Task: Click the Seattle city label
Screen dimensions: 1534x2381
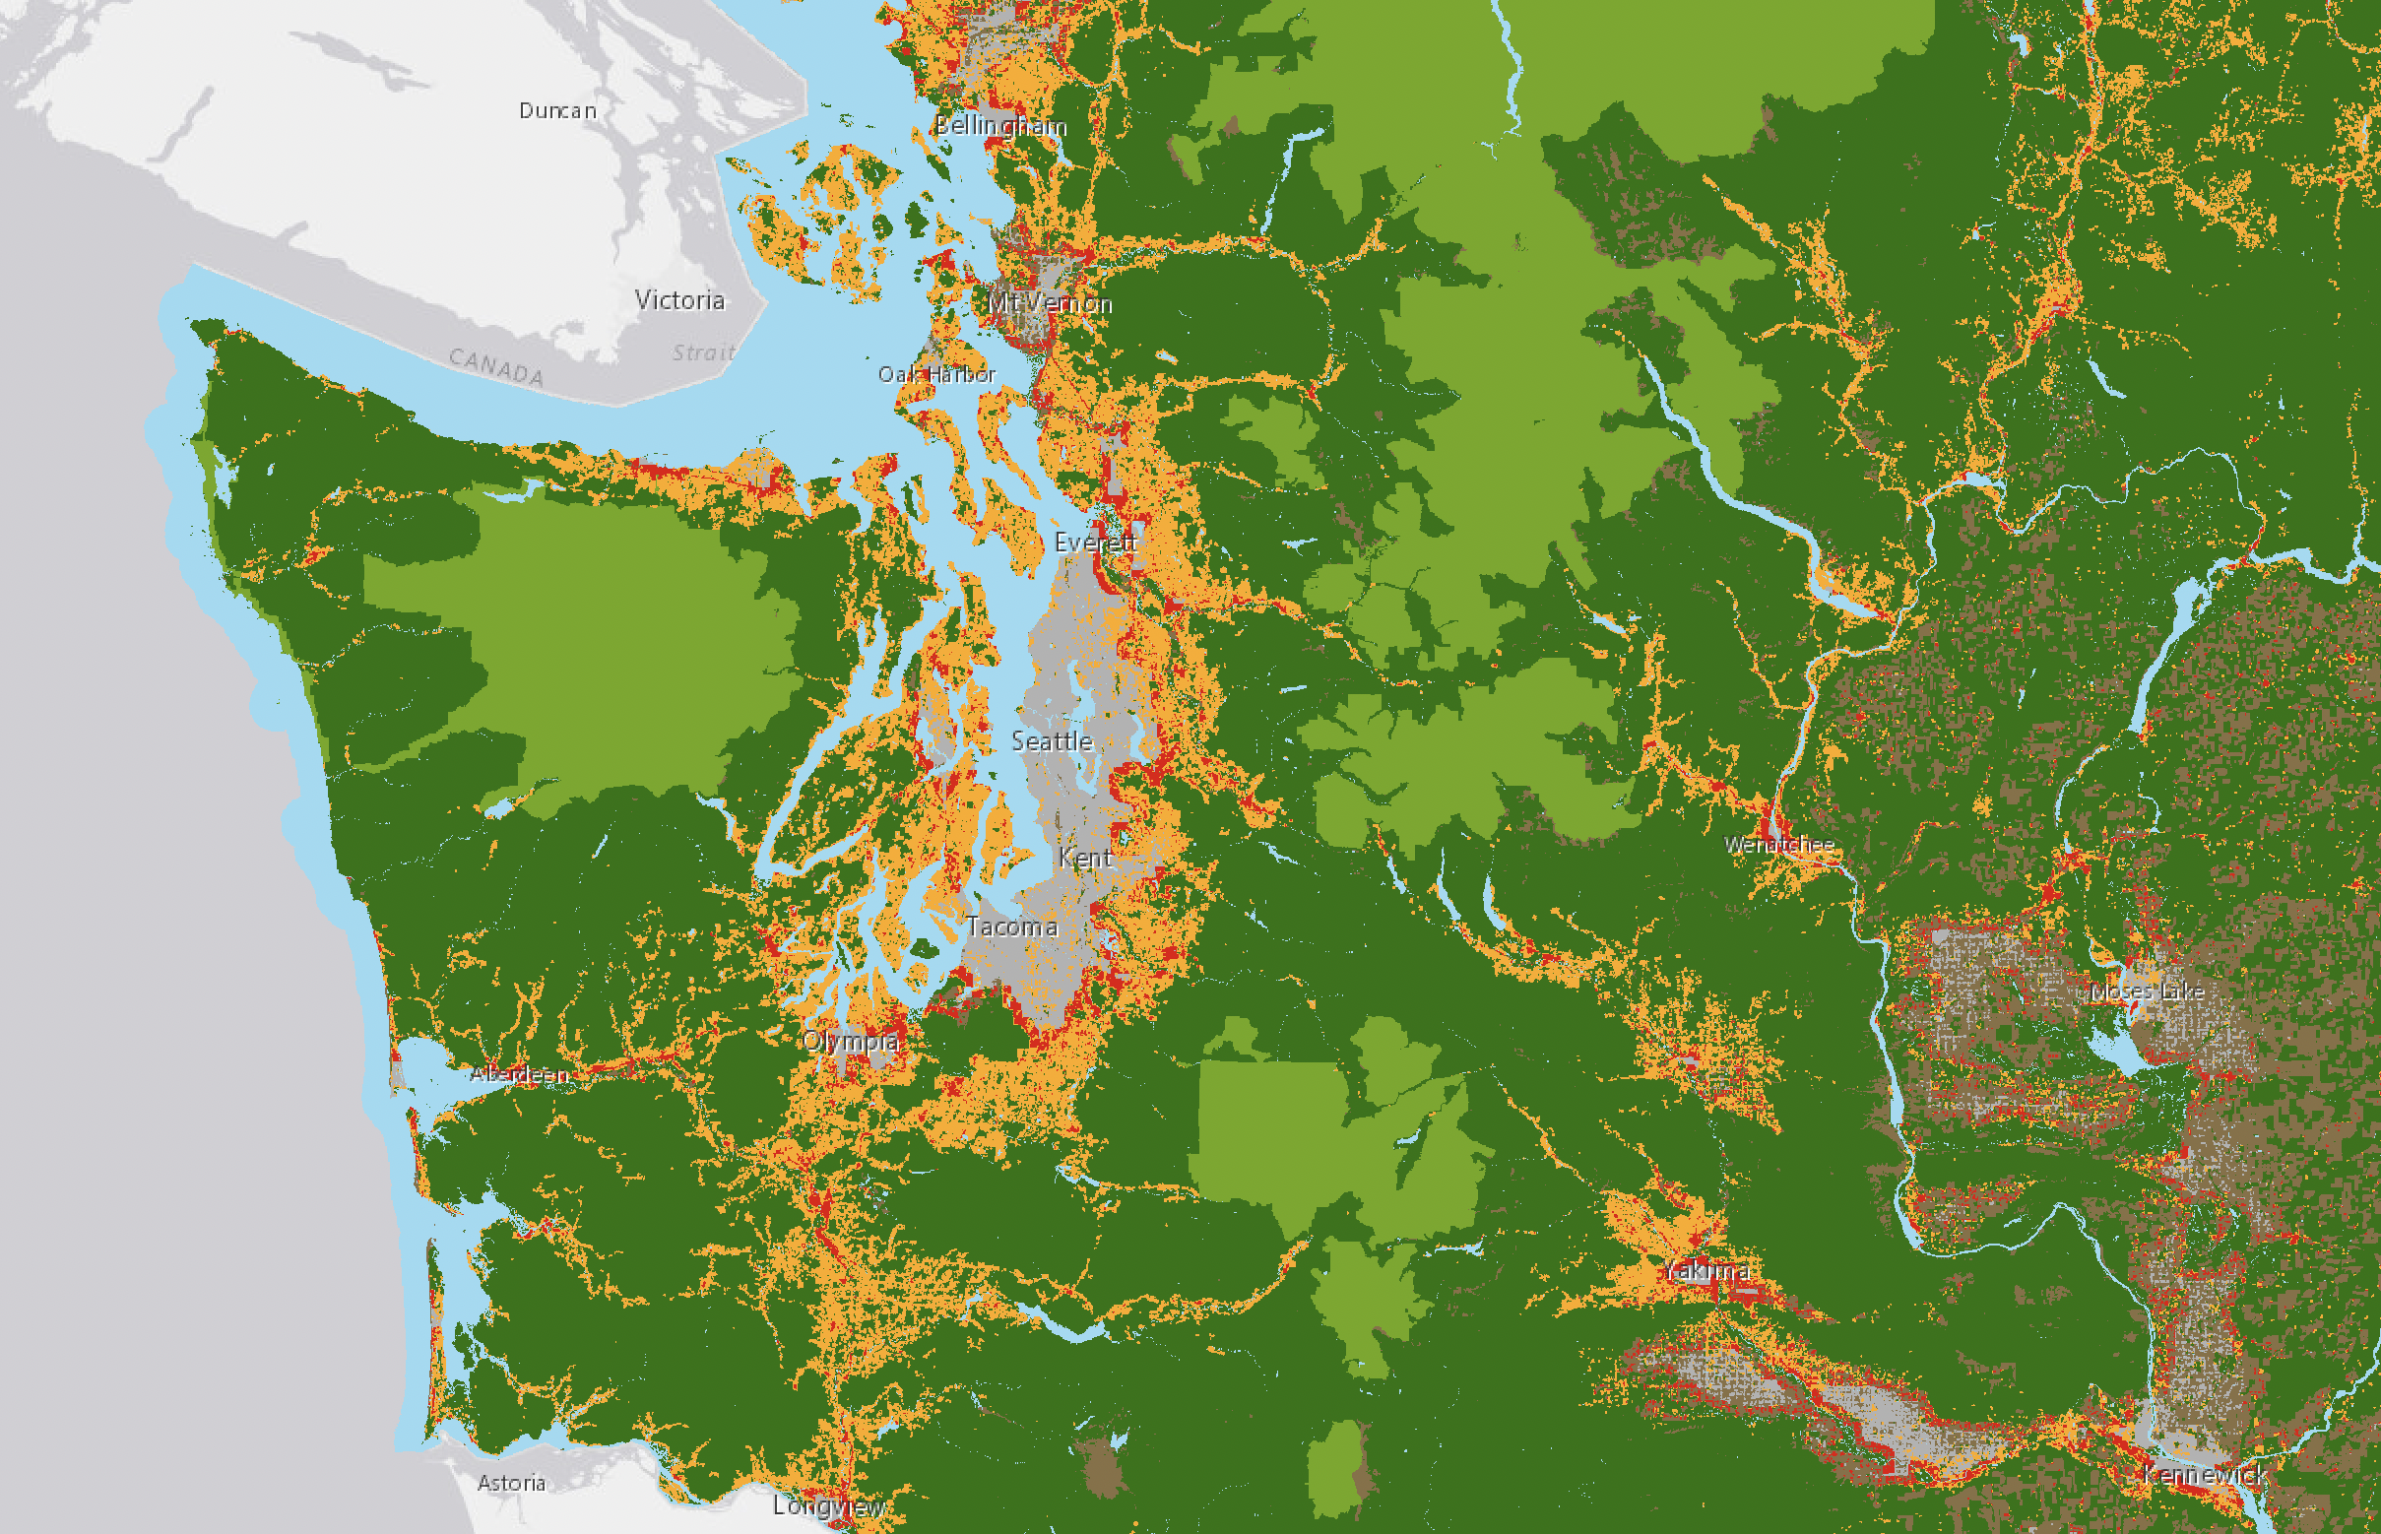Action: point(1051,741)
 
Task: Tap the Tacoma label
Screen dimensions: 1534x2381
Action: point(1011,927)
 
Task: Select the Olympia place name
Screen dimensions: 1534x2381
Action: point(850,1042)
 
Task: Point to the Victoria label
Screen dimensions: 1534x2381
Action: point(679,300)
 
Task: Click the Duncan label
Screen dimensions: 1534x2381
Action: point(557,110)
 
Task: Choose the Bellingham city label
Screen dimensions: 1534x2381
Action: point(1000,125)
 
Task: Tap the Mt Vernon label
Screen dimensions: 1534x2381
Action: point(1049,303)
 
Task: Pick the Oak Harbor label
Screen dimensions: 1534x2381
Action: point(935,374)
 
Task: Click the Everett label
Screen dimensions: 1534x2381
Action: point(1095,542)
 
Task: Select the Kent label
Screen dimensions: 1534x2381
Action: point(1085,858)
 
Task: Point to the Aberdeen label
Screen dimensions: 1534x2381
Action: point(519,1074)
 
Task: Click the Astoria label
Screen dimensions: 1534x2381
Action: point(511,1482)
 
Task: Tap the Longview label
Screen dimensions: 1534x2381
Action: point(829,1505)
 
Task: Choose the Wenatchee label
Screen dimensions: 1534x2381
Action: point(1778,845)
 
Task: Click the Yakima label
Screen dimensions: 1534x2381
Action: point(1706,1270)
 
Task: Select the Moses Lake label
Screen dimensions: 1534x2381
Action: point(2147,991)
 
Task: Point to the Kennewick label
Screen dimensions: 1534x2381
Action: point(2204,1473)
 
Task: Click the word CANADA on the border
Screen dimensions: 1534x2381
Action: point(495,366)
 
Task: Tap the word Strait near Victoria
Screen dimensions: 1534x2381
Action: point(702,352)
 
